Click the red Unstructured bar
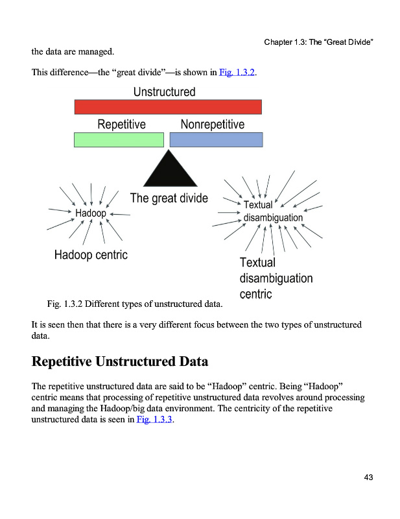tap(168, 107)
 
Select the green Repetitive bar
tap(119, 139)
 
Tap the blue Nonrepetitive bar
tap(216, 139)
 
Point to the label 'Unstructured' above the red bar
tap(164, 92)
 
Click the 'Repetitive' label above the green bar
tap(121, 124)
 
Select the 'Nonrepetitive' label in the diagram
tap(213, 124)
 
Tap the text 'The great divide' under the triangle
tap(169, 198)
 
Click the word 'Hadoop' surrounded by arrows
tap(91, 213)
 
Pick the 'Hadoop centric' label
tap(91, 255)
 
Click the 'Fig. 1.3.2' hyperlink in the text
tap(237, 72)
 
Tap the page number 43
tap(368, 478)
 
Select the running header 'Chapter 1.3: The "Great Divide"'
tap(320, 42)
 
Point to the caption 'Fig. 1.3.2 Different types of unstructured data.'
tap(135, 303)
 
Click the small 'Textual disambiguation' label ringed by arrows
tap(272, 211)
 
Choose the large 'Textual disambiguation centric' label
tap(276, 278)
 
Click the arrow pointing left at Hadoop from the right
tap(121, 214)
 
